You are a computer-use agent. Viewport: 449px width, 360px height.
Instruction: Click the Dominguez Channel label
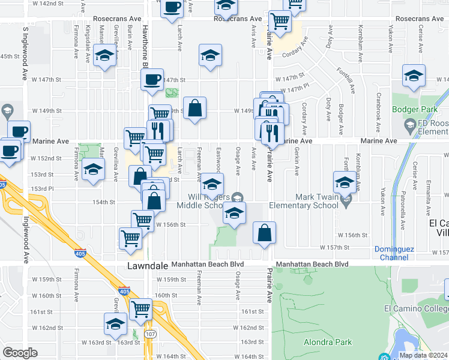pos(392,253)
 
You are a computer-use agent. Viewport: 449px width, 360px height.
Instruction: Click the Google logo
pos(20,353)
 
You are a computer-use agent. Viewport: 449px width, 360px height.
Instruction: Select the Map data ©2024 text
pos(424,355)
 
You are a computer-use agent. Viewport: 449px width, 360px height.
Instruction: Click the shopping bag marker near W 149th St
pos(194,108)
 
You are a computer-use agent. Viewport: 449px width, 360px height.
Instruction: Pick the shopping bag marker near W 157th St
pos(264,233)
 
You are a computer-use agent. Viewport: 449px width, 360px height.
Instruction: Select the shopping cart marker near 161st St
pos(140,309)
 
